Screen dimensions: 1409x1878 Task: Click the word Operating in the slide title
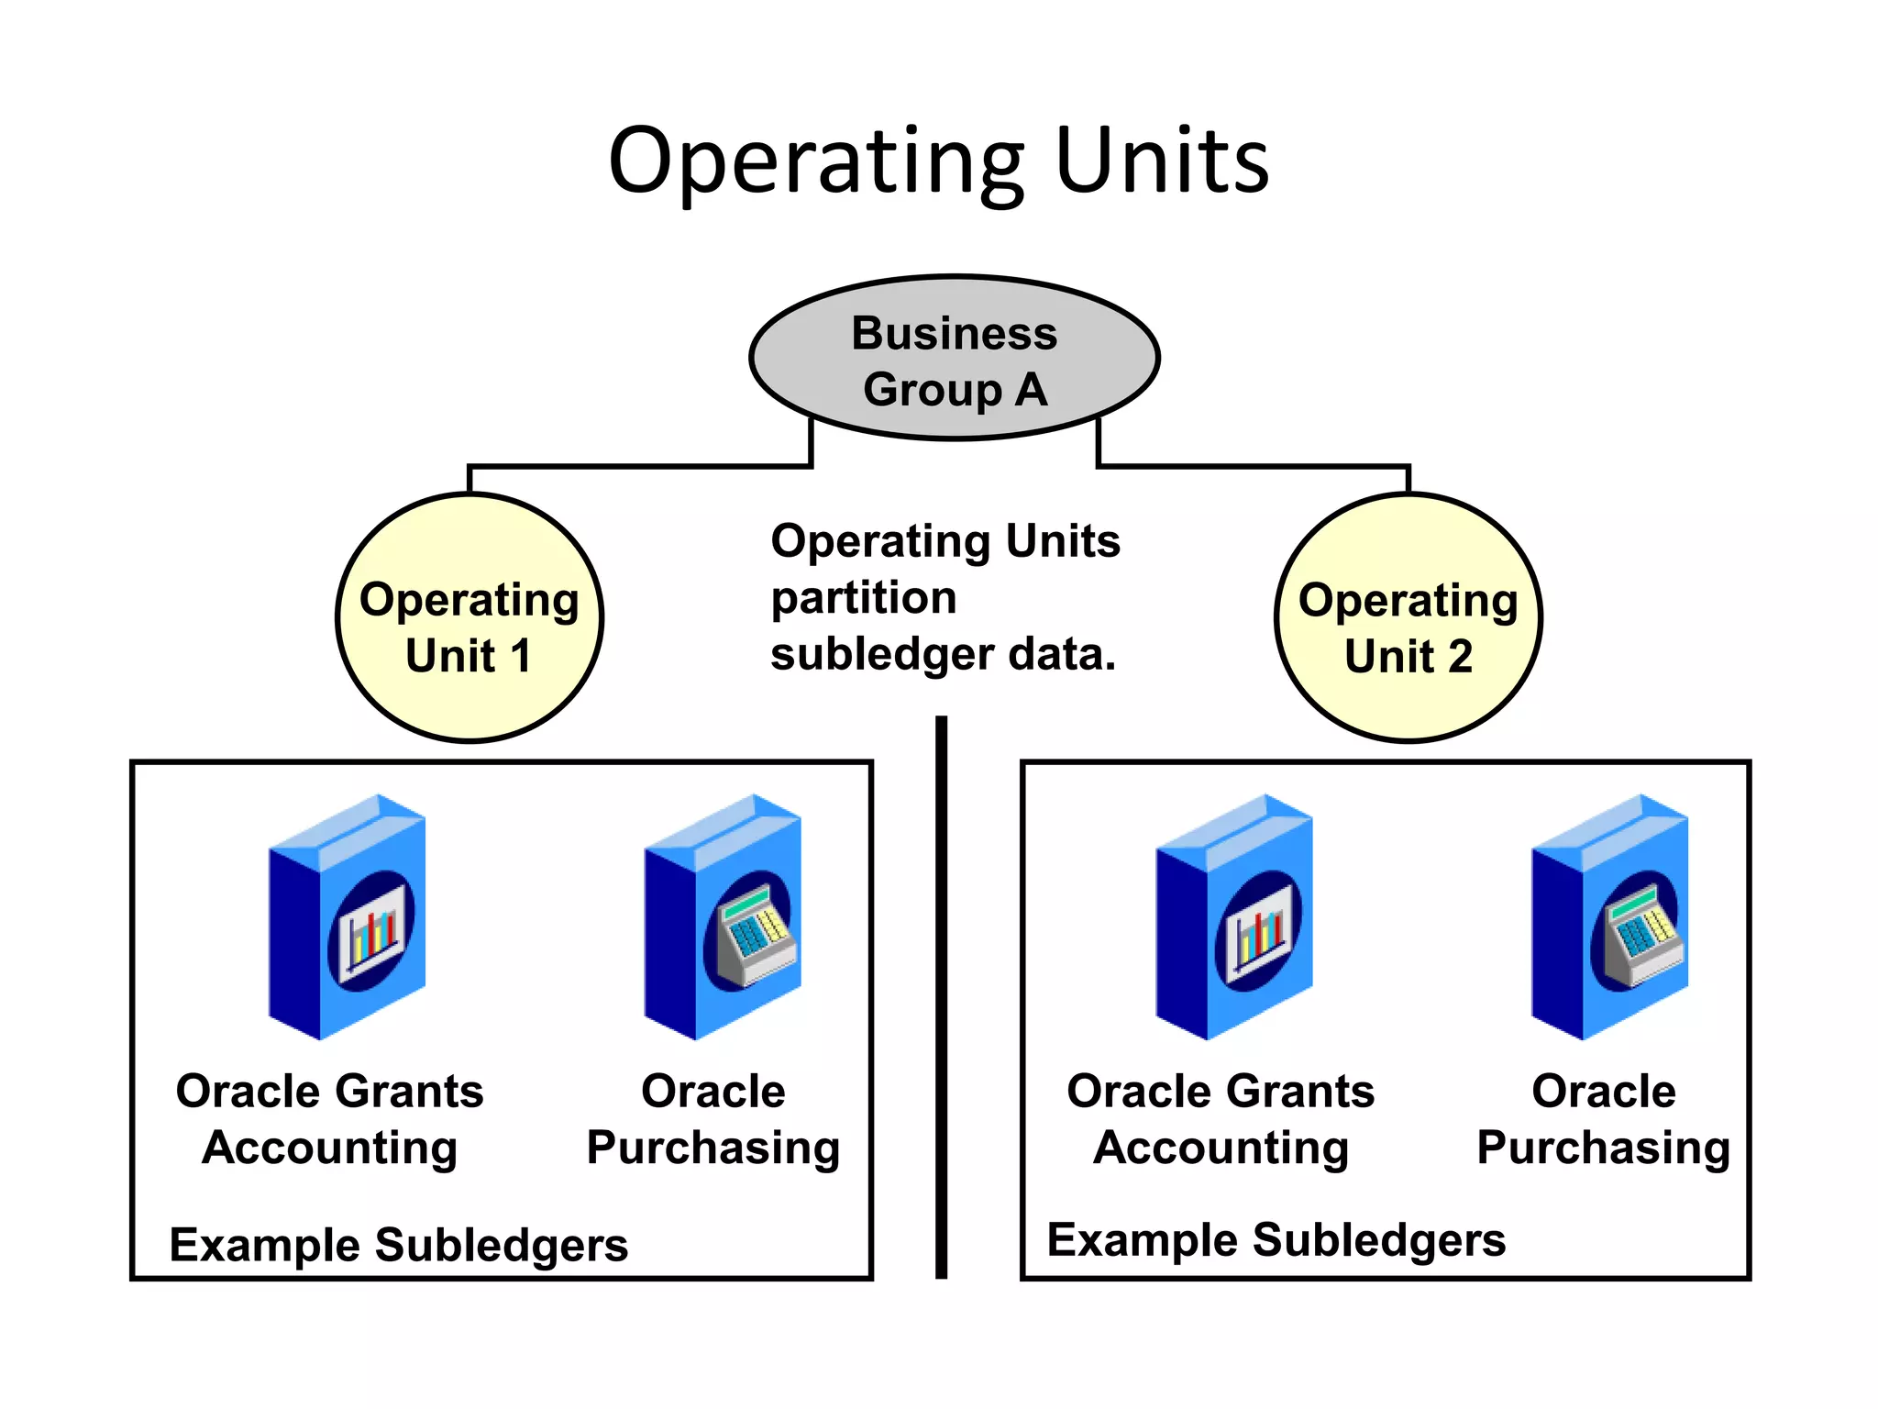(x=816, y=162)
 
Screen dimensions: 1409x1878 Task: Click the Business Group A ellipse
(x=954, y=359)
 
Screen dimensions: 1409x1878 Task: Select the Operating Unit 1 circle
(x=469, y=618)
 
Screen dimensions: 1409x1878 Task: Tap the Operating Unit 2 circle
(x=1408, y=618)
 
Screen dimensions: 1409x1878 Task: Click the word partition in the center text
(x=863, y=598)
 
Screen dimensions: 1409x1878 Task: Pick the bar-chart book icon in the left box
(x=348, y=917)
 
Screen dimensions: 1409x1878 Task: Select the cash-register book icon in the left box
(x=724, y=917)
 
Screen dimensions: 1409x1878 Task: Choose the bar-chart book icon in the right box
(x=1234, y=917)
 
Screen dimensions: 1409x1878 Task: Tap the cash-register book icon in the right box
(x=1610, y=917)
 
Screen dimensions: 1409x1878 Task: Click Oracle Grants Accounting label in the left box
(x=329, y=1119)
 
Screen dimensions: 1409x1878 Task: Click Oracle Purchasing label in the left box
(x=713, y=1119)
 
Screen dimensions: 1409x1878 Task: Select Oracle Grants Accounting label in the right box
(x=1221, y=1119)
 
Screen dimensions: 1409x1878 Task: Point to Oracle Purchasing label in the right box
(x=1603, y=1119)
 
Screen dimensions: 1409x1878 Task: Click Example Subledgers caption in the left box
(x=399, y=1245)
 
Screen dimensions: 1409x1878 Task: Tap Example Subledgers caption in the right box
(x=1276, y=1240)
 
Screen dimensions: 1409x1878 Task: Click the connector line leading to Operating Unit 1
(x=642, y=466)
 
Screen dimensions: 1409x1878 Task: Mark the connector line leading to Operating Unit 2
(x=1252, y=466)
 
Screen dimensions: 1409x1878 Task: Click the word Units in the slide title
(x=1162, y=162)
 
